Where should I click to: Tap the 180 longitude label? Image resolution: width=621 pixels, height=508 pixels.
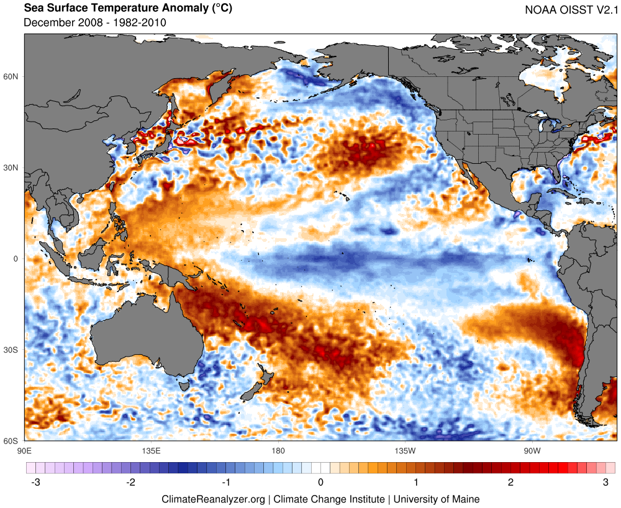(278, 450)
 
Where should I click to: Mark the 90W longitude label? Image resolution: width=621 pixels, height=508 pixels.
(531, 450)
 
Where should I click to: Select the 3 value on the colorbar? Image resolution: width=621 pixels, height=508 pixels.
(605, 482)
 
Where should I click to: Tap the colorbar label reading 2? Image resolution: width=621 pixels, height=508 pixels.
(510, 482)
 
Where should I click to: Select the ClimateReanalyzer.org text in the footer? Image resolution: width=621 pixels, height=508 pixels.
(213, 499)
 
